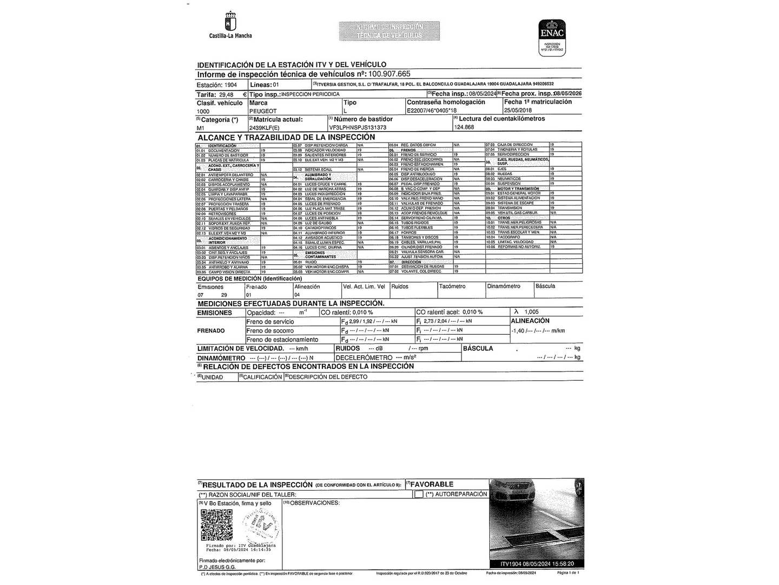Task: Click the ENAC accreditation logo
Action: pos(552,35)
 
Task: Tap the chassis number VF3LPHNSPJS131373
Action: pos(358,127)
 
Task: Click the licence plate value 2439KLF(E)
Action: pos(265,127)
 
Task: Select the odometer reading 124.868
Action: pos(464,127)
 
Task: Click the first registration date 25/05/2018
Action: pos(518,110)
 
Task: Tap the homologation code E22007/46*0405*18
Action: pos(435,110)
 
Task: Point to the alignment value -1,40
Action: pos(518,330)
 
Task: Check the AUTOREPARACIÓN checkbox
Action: pos(419,494)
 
